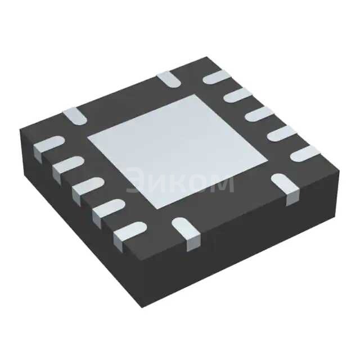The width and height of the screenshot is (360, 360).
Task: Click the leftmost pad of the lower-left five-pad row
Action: tap(46, 145)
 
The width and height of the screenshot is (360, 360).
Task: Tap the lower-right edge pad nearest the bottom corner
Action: tap(185, 231)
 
